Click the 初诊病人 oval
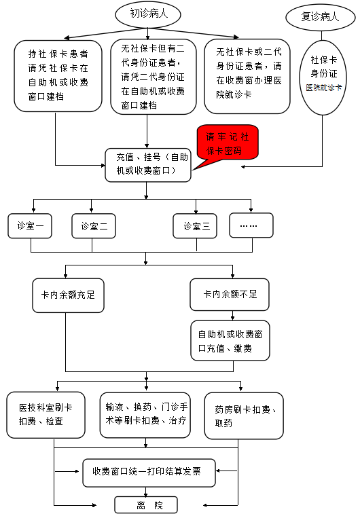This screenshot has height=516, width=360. pyautogui.click(x=147, y=14)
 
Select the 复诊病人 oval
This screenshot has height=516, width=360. pyautogui.click(x=321, y=17)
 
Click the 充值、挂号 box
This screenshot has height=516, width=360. pyautogui.click(x=148, y=165)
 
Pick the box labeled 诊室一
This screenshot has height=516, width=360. pyautogui.click(x=30, y=225)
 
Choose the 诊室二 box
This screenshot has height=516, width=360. pyautogui.click(x=94, y=225)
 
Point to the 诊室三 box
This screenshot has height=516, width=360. pyautogui.click(x=195, y=225)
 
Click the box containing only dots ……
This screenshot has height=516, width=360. pyautogui.click(x=251, y=225)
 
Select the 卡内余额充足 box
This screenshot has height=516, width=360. pyautogui.click(x=68, y=295)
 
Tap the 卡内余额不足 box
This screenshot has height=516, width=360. pyautogui.click(x=230, y=294)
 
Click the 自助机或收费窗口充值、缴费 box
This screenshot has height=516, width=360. pyautogui.click(x=230, y=341)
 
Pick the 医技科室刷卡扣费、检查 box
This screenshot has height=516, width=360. pyautogui.click(x=46, y=415)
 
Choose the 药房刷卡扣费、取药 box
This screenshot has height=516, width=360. pyautogui.click(x=244, y=416)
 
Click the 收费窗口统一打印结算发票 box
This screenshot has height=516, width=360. pyautogui.click(x=149, y=473)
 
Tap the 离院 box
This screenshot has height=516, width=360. pyautogui.click(x=146, y=504)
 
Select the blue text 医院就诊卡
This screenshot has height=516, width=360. pyautogui.click(x=324, y=88)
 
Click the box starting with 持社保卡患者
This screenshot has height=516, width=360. pyautogui.click(x=58, y=76)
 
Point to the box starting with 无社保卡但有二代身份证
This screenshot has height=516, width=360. pyautogui.click(x=154, y=77)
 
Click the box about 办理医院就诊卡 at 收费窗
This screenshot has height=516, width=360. pyautogui.click(x=247, y=76)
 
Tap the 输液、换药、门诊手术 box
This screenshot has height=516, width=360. pyautogui.click(x=145, y=415)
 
